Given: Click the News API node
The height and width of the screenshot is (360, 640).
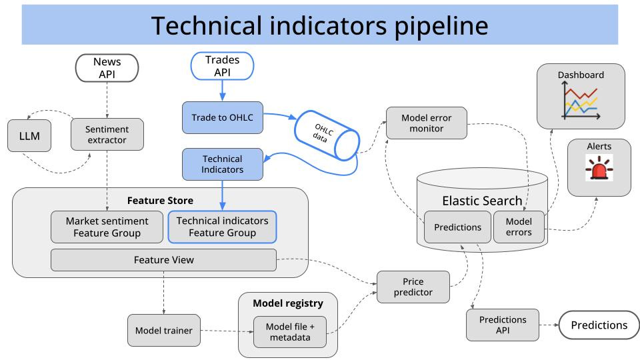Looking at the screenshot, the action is (x=107, y=68).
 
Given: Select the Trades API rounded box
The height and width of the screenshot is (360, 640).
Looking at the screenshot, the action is (x=223, y=66).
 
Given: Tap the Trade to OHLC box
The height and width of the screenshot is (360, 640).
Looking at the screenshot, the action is (x=223, y=117).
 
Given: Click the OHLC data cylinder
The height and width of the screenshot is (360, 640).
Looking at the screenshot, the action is (x=327, y=135).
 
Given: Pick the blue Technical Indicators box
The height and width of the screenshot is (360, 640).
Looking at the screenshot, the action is (x=223, y=164).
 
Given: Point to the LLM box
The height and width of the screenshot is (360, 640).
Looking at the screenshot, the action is (x=29, y=136).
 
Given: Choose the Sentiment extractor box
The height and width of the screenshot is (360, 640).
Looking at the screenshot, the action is (x=107, y=134).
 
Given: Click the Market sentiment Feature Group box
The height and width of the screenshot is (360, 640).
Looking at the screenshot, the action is (x=107, y=227).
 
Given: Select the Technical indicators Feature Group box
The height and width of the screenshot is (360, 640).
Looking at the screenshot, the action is (x=223, y=227).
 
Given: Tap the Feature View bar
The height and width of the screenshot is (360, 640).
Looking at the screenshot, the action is (x=164, y=260).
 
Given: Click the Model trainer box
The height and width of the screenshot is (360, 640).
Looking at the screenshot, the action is (x=164, y=331).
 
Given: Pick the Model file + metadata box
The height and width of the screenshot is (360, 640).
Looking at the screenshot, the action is (x=290, y=332).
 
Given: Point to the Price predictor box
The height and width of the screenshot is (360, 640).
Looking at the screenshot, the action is (x=413, y=287).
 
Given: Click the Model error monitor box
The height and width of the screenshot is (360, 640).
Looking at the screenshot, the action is (x=427, y=123).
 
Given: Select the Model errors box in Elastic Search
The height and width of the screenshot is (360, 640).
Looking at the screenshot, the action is (x=519, y=227).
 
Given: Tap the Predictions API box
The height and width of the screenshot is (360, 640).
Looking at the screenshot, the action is (x=503, y=325).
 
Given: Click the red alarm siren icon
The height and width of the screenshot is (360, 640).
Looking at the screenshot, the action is (x=599, y=168).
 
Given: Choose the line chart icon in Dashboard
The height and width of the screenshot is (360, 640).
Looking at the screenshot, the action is (x=581, y=101).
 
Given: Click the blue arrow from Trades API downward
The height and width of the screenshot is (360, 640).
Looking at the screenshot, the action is (x=223, y=91).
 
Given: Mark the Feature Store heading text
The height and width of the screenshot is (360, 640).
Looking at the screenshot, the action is (x=160, y=201).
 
